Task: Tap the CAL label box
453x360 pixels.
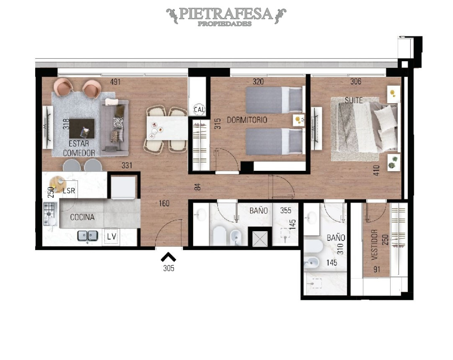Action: tap(199, 109)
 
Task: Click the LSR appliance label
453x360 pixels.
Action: tap(69, 191)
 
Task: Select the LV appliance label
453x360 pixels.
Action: tap(111, 236)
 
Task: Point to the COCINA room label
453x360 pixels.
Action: tap(82, 218)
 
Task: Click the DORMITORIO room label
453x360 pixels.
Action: tap(247, 120)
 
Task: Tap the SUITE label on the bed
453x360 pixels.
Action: tap(354, 100)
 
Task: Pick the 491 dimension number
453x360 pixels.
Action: tap(116, 82)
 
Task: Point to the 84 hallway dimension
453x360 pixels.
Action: tap(197, 186)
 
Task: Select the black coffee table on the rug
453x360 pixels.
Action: tap(82, 128)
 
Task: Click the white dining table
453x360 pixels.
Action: tap(167, 128)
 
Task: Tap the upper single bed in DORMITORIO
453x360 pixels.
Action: tap(273, 100)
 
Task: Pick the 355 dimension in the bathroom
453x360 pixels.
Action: tap(285, 210)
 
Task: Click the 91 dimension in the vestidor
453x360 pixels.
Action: tap(377, 269)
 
